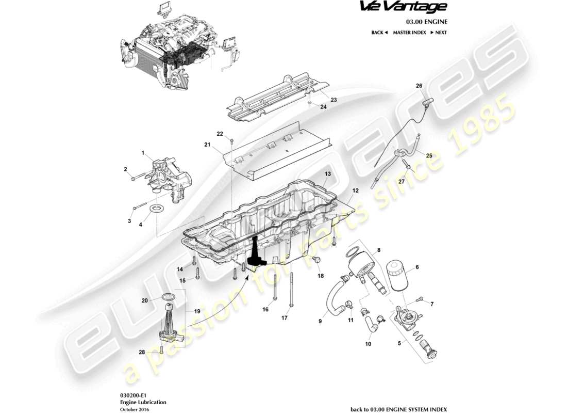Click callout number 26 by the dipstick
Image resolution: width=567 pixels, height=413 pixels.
[419, 86]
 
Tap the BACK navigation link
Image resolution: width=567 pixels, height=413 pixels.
[379, 33]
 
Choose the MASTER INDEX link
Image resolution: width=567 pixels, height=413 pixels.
[409, 33]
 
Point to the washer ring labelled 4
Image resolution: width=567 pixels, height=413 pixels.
[157, 209]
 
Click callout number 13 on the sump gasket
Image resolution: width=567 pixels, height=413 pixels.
[327, 175]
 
